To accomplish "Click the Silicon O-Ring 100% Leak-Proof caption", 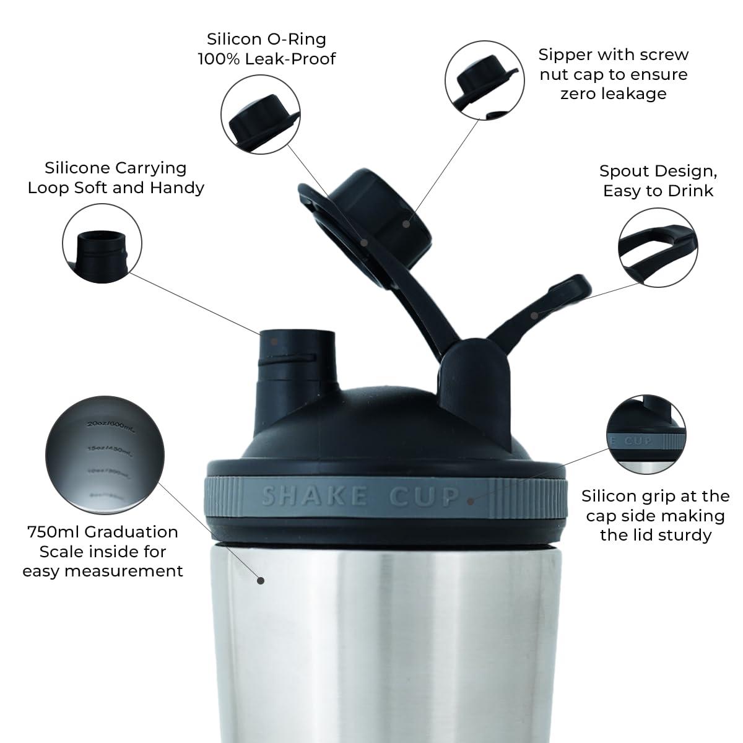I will tap(266, 49).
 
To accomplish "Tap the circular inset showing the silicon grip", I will tap(646, 432).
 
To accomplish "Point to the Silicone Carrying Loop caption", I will tap(116, 178).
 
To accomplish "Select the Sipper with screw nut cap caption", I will tap(613, 74).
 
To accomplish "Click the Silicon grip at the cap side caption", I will tap(655, 515).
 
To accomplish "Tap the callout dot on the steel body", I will tap(261, 580).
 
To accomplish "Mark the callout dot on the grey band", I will tap(471, 500).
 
